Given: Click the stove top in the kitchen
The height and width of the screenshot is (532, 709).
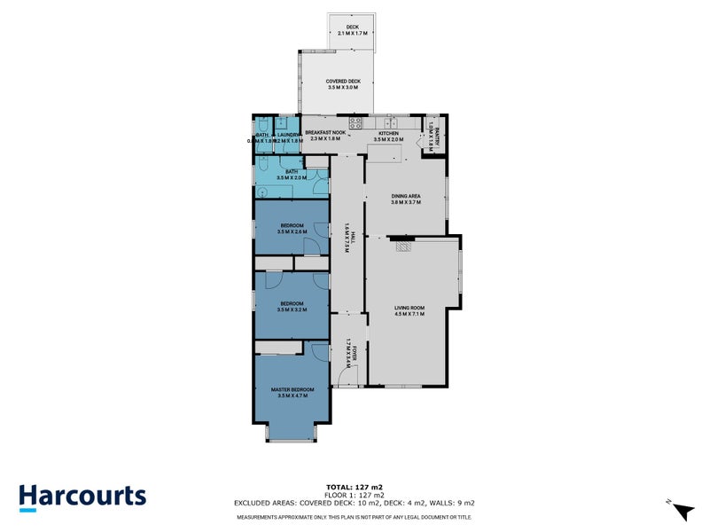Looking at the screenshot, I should click(354, 124).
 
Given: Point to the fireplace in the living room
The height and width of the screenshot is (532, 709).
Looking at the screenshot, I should click(403, 247).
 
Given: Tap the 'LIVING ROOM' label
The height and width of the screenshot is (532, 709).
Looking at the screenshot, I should click(409, 309).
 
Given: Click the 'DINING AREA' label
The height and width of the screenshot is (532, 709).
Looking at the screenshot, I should click(406, 197).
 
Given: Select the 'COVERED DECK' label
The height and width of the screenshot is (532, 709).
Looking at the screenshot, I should click(342, 82).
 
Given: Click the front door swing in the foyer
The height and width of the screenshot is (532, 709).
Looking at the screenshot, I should click(347, 379).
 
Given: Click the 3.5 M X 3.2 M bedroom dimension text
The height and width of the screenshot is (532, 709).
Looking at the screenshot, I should click(292, 309).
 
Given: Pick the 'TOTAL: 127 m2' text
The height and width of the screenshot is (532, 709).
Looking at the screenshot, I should click(354, 486).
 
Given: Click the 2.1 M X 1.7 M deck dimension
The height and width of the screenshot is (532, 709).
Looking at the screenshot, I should click(354, 34).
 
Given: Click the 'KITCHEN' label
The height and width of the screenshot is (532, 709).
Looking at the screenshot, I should click(390, 134).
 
